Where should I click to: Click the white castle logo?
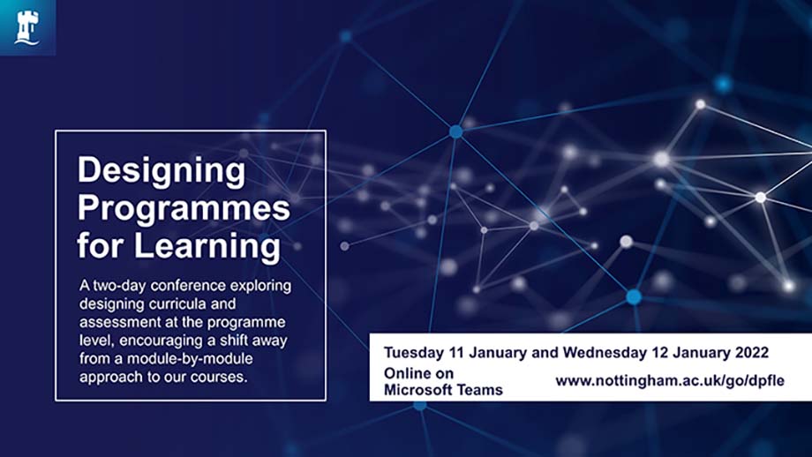(27, 27)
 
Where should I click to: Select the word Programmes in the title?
(184, 209)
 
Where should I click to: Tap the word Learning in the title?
(207, 245)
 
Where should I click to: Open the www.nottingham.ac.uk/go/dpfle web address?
(670, 381)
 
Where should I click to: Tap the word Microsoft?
(417, 389)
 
